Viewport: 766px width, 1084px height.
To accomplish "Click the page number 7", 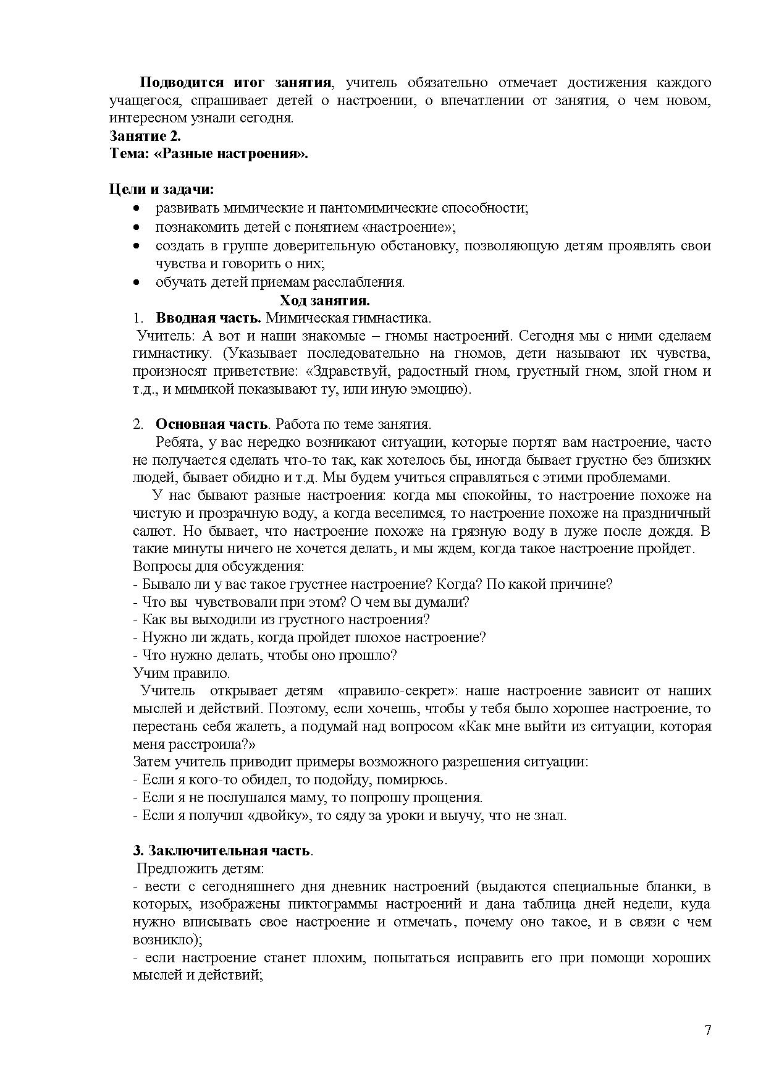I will (x=707, y=1030).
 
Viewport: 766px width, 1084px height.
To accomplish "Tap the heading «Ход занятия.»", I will (x=324, y=300).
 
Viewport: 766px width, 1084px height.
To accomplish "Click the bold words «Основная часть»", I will (x=212, y=425).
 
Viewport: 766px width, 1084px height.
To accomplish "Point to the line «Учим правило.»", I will (x=182, y=673).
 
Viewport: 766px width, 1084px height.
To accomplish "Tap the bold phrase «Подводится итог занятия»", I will (x=235, y=83).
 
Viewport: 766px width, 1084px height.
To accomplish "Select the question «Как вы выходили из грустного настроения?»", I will (x=281, y=619).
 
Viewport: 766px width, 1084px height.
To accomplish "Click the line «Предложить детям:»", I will (x=200, y=868).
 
